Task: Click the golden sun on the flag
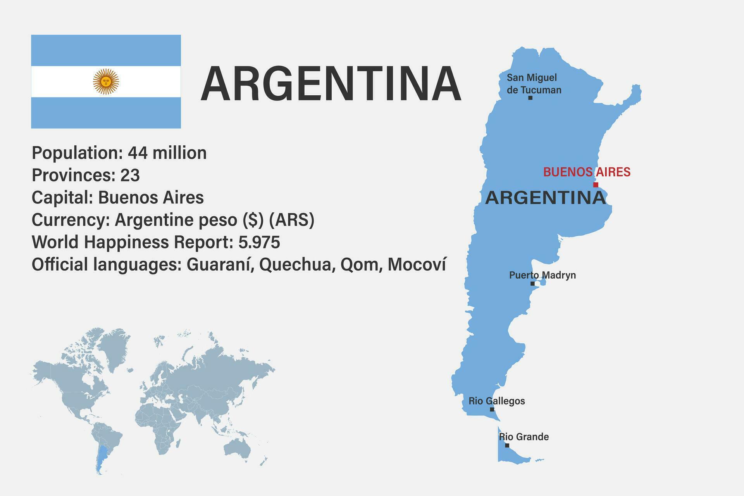click(x=106, y=81)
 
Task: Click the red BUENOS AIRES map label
click(x=587, y=172)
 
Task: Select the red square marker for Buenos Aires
click(x=596, y=185)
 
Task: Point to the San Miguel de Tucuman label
click(x=534, y=84)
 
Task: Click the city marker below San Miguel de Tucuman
click(x=530, y=98)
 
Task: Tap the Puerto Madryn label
click(x=542, y=275)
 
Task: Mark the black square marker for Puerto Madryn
click(x=532, y=284)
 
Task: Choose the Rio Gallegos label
click(x=496, y=401)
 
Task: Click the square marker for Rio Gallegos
click(x=492, y=409)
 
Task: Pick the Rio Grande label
click(x=524, y=437)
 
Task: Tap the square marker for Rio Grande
click(x=507, y=446)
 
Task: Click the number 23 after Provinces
click(x=130, y=175)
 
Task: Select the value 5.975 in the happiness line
click(x=259, y=242)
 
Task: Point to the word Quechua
click(x=297, y=265)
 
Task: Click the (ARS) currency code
click(x=291, y=220)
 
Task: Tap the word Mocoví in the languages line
click(x=417, y=265)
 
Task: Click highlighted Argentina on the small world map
click(x=102, y=457)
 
